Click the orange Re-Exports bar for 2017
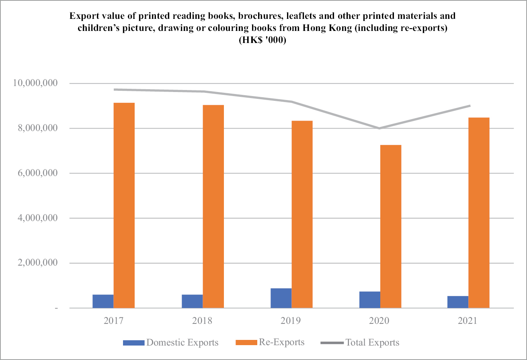click(x=124, y=205)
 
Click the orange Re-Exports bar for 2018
click(x=213, y=207)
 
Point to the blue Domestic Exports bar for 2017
click(x=103, y=301)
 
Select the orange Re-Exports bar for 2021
click(x=479, y=213)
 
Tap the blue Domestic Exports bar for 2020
click(x=370, y=300)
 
